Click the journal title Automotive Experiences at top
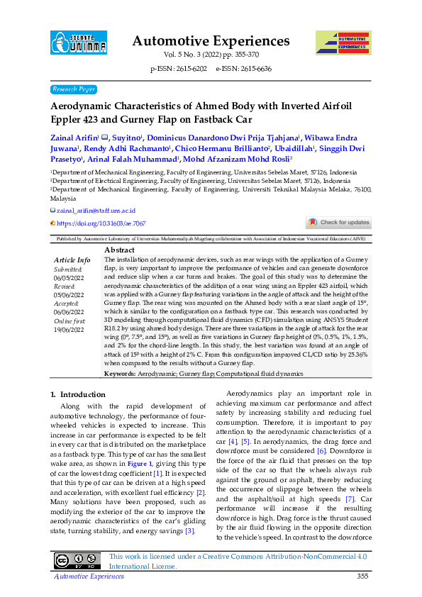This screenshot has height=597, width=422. coord(211,40)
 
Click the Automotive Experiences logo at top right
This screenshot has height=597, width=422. coord(343,43)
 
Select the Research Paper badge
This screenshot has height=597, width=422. coord(74,89)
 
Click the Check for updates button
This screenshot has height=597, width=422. coord(338,223)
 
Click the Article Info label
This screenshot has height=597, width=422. coord(72,260)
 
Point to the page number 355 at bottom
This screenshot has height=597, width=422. coord(362,576)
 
